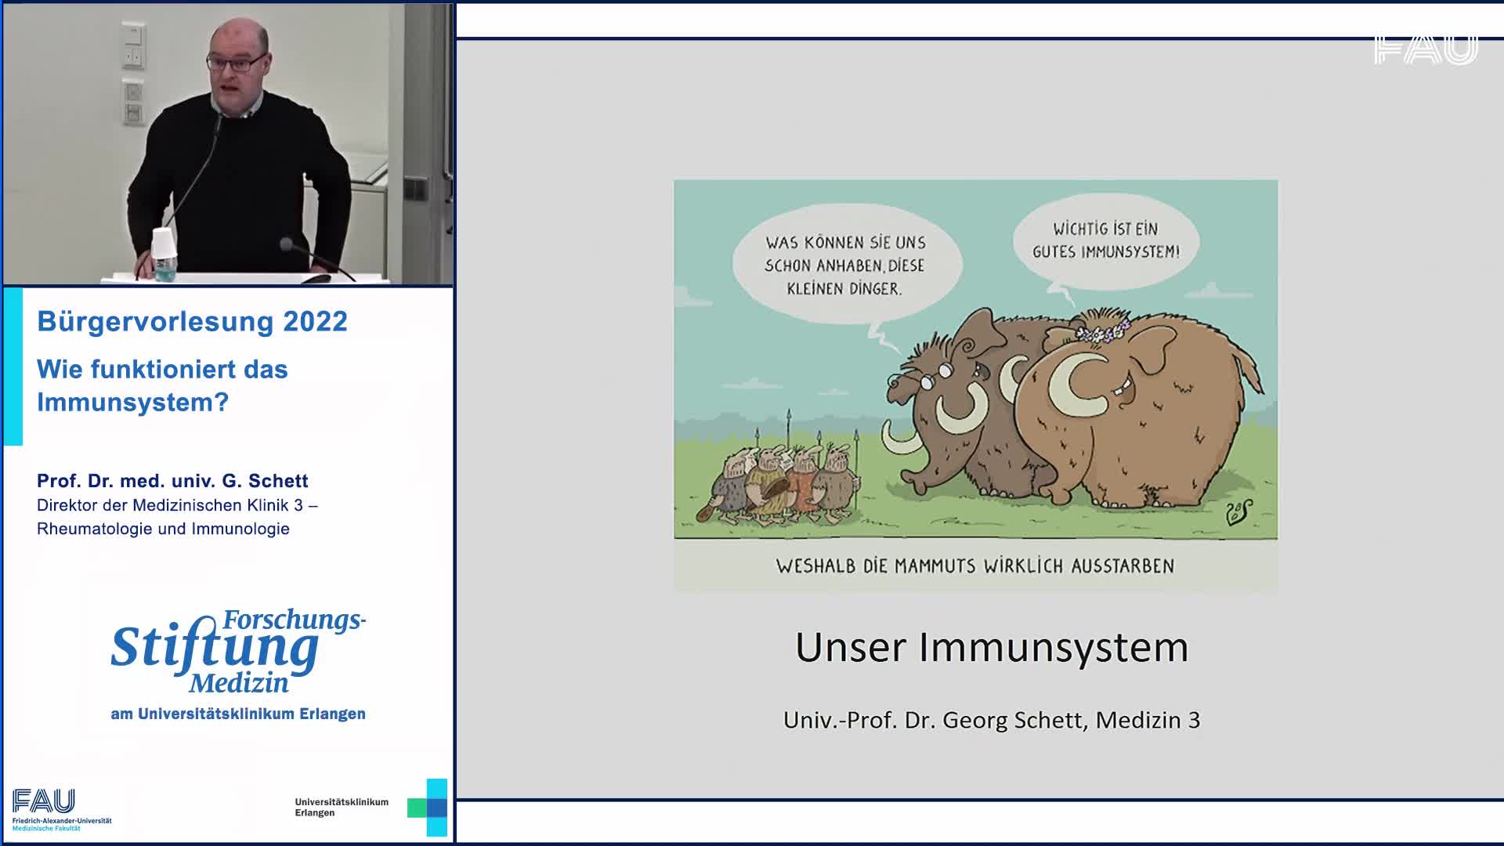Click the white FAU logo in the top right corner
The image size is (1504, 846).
pos(1426,49)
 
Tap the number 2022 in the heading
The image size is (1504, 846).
pos(315,321)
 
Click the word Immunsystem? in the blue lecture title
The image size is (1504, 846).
pos(132,402)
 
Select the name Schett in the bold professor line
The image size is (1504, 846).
pos(278,480)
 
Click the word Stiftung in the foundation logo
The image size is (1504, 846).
pos(215,649)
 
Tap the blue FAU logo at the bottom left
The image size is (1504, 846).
pos(44,801)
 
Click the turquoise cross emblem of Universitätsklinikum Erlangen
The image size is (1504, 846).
pos(428,807)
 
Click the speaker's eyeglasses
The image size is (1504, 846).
pos(236,63)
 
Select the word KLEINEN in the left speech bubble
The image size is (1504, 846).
pos(816,288)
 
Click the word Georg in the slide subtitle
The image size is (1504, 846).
pos(975,720)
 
